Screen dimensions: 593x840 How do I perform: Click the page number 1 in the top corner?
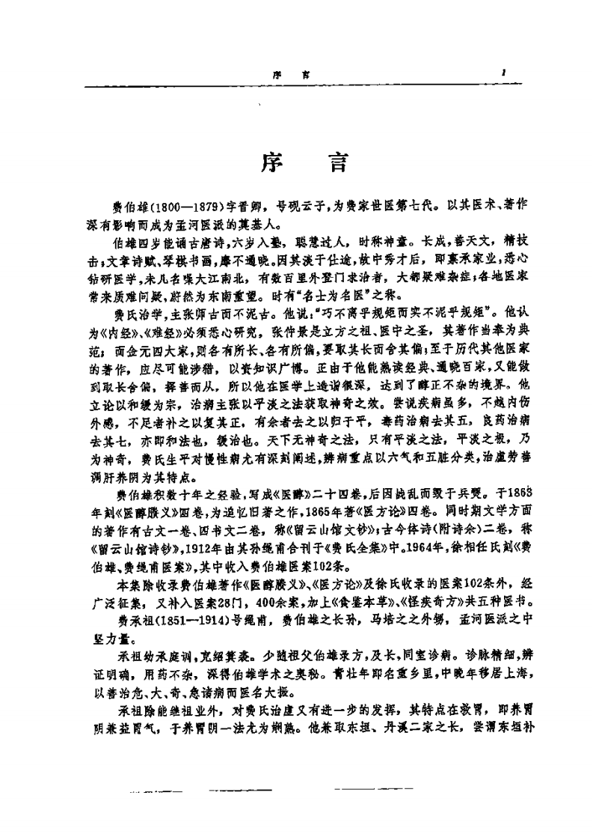506,74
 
